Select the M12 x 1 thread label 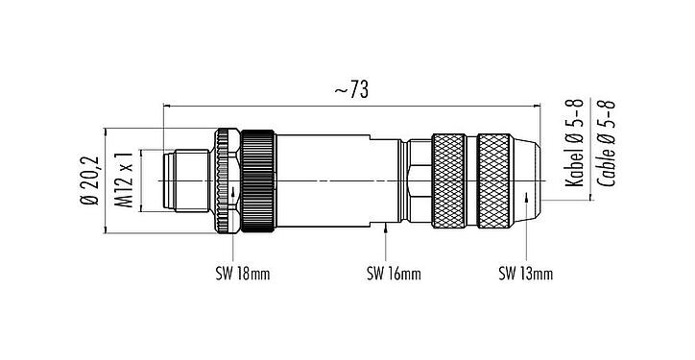pos(122,180)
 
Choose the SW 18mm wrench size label pos(241,275)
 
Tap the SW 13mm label pos(525,275)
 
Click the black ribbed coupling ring pos(258,180)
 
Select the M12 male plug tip pos(182,180)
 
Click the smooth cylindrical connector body pos(336,180)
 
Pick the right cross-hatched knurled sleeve pos(500,180)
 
